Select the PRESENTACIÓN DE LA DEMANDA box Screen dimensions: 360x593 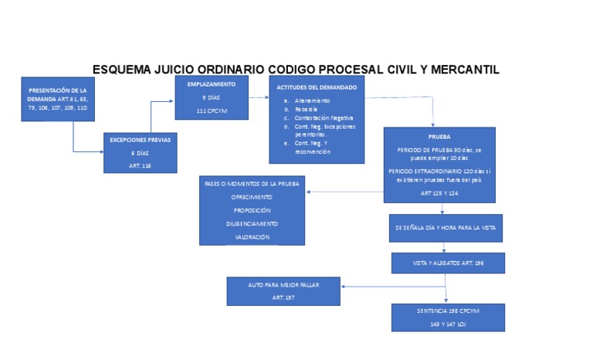point(58,100)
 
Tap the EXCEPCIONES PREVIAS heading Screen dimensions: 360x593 point(140,141)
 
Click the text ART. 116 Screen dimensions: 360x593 point(140,165)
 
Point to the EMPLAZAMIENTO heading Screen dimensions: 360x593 point(211,83)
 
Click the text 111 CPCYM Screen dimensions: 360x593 point(211,112)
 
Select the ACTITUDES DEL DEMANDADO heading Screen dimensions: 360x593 point(317,87)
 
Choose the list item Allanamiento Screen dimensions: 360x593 point(312,101)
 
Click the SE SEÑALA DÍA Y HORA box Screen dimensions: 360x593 point(445,229)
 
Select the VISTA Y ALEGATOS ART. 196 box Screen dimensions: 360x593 point(447,263)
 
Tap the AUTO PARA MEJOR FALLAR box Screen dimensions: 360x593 point(283,291)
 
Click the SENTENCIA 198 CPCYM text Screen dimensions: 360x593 point(447,311)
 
